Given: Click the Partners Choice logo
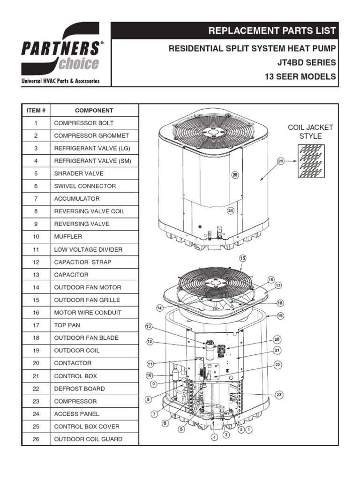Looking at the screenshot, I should (x=60, y=55).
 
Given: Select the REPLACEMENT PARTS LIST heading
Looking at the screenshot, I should (x=272, y=31).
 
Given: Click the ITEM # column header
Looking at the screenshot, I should (x=36, y=111).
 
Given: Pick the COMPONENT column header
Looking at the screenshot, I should (x=94, y=111).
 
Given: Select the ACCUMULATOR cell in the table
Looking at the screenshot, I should (x=77, y=199).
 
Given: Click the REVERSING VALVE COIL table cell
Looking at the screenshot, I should (x=89, y=211).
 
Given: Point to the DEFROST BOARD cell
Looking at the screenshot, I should (x=79, y=389).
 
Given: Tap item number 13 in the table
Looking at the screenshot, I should (x=36, y=275).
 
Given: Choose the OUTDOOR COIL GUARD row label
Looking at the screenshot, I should (x=88, y=439).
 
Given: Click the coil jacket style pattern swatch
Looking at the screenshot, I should (x=310, y=161).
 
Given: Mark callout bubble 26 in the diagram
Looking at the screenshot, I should (x=281, y=161).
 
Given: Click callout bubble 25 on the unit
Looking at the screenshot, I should (x=235, y=175).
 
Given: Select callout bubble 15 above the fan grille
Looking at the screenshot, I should (x=242, y=258).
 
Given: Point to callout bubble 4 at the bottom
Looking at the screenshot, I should (x=215, y=437).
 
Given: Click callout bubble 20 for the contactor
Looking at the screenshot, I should (x=277, y=339).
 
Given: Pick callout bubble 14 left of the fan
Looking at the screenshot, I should (x=160, y=307).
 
